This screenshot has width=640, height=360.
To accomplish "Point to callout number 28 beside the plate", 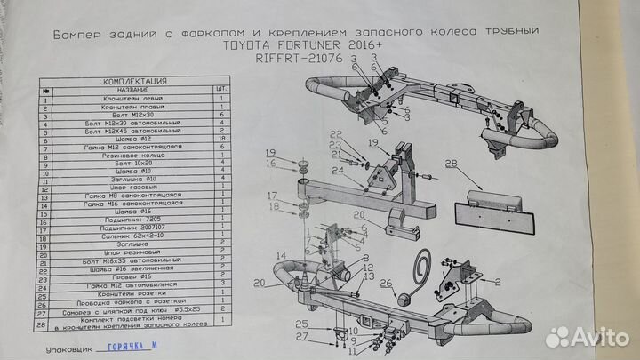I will pyautogui.click(x=451, y=164).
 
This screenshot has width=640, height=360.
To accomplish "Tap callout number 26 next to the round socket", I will pyautogui.click(x=386, y=284).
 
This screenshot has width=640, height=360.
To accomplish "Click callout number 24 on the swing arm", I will pyautogui.click(x=337, y=170).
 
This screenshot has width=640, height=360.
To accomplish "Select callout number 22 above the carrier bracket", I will pyautogui.click(x=335, y=133).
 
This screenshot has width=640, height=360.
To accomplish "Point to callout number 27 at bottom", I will pyautogui.click(x=302, y=337).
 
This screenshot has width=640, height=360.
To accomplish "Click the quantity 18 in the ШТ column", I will pyautogui.click(x=220, y=140).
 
